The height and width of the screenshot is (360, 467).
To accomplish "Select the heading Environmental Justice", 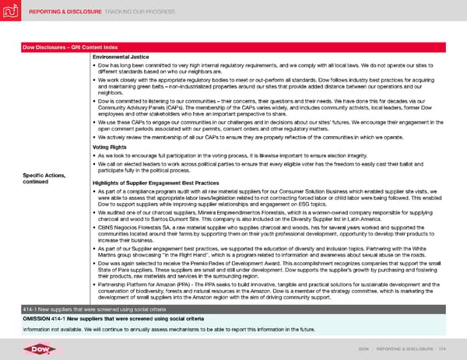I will click(121, 58).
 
